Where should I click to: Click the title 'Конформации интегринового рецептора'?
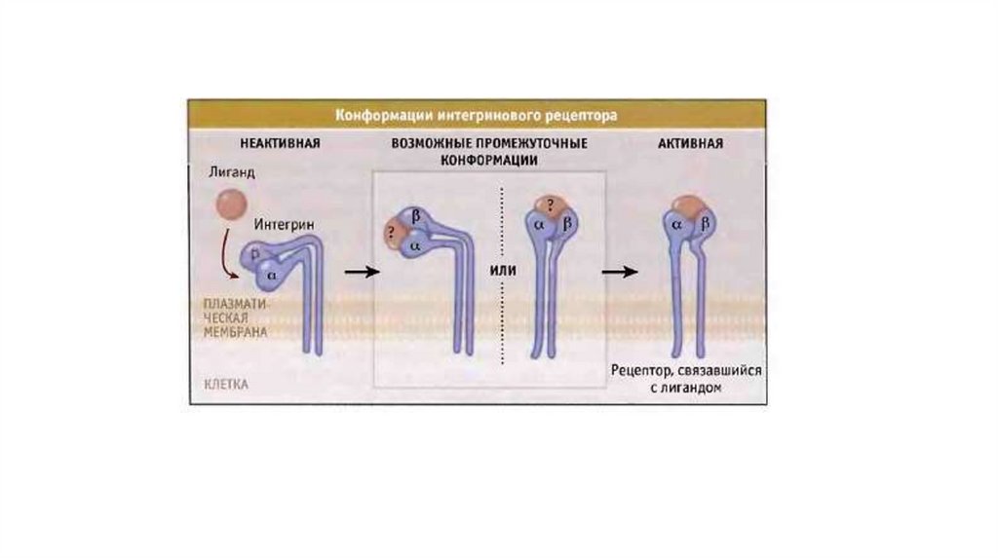(x=477, y=114)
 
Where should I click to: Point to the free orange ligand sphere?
(x=231, y=205)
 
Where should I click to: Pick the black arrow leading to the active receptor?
(x=617, y=271)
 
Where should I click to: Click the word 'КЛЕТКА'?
(x=226, y=384)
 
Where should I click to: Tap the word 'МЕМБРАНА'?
(x=235, y=331)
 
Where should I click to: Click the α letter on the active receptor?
(x=676, y=225)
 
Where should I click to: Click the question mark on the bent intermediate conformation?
(x=393, y=234)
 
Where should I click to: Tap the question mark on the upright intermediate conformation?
(x=551, y=205)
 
